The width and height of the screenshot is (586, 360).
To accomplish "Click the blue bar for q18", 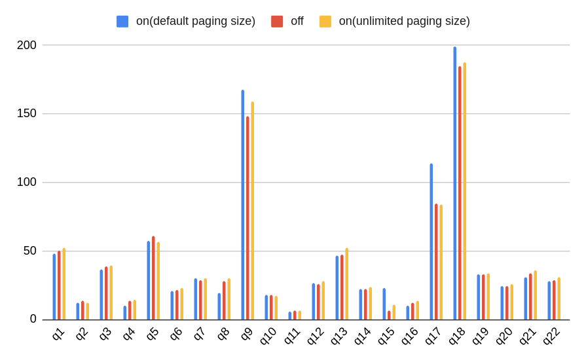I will (455, 183).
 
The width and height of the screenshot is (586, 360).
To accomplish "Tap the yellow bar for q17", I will (441, 262).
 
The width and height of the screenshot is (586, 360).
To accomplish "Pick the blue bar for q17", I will (431, 242).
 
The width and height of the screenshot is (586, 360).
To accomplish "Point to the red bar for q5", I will (153, 278).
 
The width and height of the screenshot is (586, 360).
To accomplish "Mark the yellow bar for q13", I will (347, 284).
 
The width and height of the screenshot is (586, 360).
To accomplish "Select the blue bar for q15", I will (384, 304).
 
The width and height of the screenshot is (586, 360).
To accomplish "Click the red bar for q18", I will (460, 193).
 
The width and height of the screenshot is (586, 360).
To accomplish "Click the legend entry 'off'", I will (297, 21).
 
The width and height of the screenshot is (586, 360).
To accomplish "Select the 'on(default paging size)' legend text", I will (195, 21).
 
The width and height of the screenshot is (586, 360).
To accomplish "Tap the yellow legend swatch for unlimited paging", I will (325, 22).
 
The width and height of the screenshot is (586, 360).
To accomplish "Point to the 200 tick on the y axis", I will (27, 45).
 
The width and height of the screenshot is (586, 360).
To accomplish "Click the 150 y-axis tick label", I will (27, 114).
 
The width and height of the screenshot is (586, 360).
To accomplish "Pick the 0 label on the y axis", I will (33, 319).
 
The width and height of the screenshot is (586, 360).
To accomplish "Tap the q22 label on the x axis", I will (551, 335).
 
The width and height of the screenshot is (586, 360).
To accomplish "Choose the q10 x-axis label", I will (268, 335).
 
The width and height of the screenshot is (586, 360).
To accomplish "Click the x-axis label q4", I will (129, 333).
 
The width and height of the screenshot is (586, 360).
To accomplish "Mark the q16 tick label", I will (410, 335).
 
